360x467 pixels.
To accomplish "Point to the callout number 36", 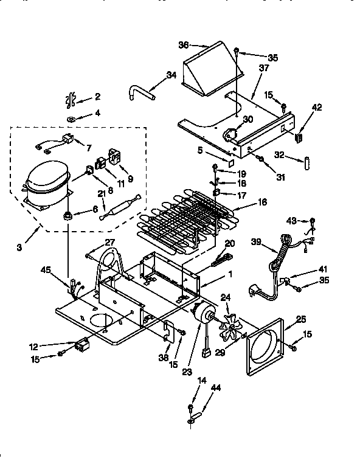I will pos(183,44).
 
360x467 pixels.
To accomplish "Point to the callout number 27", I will pos(109,242).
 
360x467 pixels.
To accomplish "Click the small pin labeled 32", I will pos(308,163).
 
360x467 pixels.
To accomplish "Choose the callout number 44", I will pos(215,387).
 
